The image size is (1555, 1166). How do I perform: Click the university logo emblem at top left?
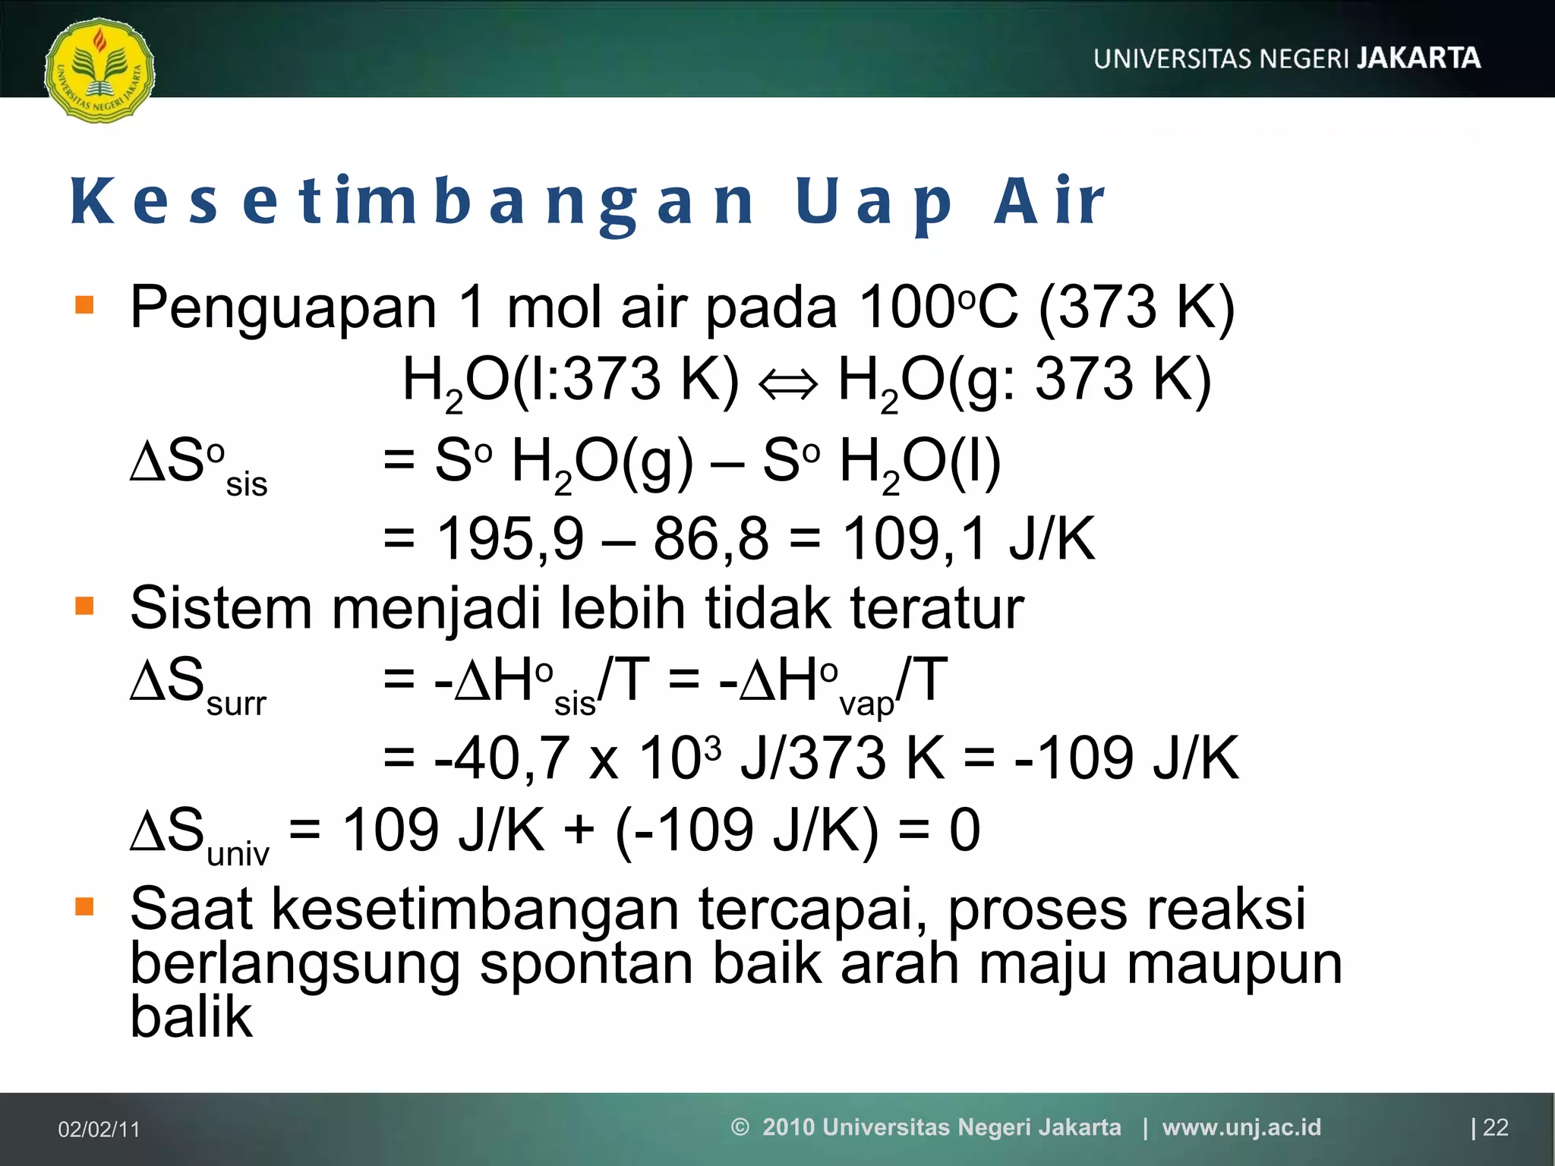pyautogui.click(x=99, y=71)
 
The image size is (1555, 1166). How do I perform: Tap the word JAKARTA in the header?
pyautogui.click(x=1418, y=58)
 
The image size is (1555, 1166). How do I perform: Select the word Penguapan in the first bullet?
pyautogui.click(x=283, y=307)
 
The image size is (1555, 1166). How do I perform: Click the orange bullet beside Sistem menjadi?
pyautogui.click(x=84, y=606)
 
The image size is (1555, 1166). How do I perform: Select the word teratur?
pyautogui.click(x=937, y=609)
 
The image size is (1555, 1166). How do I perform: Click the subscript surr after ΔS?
pyautogui.click(x=236, y=704)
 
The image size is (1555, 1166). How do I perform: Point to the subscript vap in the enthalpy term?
pyautogui.click(x=866, y=704)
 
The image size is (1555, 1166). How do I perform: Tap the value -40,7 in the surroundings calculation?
pyautogui.click(x=501, y=758)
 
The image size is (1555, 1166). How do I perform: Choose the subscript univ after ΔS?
pyautogui.click(x=238, y=855)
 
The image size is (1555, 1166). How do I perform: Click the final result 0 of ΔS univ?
pyautogui.click(x=964, y=830)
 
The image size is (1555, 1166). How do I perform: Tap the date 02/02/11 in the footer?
pyautogui.click(x=99, y=1130)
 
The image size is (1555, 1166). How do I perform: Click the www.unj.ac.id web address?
pyautogui.click(x=1241, y=1127)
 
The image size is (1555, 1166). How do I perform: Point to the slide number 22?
pyautogui.click(x=1495, y=1127)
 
